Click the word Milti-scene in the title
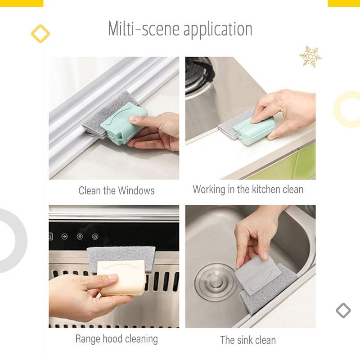tap(144, 28)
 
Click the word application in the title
tap(218, 30)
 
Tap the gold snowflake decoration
tap(310, 57)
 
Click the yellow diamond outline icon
tap(40, 34)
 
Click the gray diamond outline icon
tap(343, 310)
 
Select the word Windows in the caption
tap(136, 190)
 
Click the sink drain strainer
tap(215, 282)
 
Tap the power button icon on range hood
tap(95, 237)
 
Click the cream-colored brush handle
tap(121, 277)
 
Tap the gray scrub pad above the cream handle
tap(121, 257)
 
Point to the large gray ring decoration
tap(21, 241)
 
